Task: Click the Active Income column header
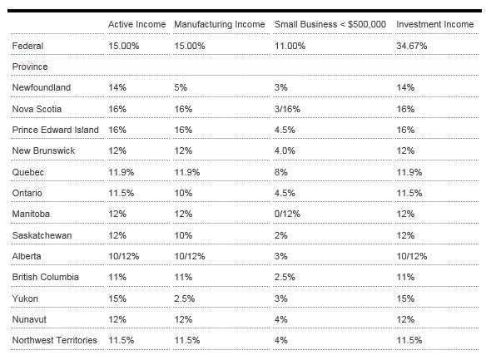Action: coord(136,24)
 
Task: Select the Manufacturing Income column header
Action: coord(220,24)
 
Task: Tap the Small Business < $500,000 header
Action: coord(330,24)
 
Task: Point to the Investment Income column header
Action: coord(435,24)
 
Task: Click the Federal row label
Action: coord(27,46)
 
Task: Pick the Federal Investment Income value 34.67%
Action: coord(411,46)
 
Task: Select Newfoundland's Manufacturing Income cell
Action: coord(181,87)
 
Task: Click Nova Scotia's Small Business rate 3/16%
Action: coord(287,109)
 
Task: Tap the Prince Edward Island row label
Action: coord(56,130)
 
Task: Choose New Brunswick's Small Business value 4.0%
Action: coord(285,150)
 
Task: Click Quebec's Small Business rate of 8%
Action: coord(281,172)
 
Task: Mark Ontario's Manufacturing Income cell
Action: coord(183,193)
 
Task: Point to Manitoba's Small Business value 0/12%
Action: coord(287,214)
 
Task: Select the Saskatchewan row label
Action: coord(42,235)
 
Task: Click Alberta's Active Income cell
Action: coord(124,256)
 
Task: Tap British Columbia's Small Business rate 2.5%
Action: coord(285,277)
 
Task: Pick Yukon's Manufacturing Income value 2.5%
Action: coord(185,298)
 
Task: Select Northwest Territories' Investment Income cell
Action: coord(409,340)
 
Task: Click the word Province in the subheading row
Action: coord(30,67)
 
